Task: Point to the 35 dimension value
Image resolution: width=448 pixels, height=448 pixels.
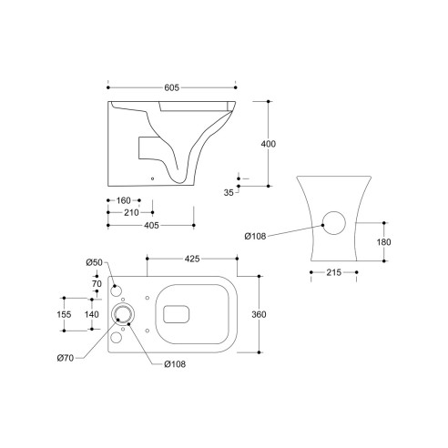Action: (x=229, y=193)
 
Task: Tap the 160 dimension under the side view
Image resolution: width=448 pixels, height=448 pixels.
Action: (x=123, y=200)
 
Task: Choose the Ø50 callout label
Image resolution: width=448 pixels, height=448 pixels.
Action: (x=93, y=263)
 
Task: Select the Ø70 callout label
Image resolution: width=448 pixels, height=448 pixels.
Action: (x=65, y=358)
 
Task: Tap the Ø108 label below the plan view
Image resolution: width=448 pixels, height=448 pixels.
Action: (x=176, y=366)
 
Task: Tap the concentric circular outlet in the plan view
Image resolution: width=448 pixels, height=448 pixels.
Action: (x=123, y=313)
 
